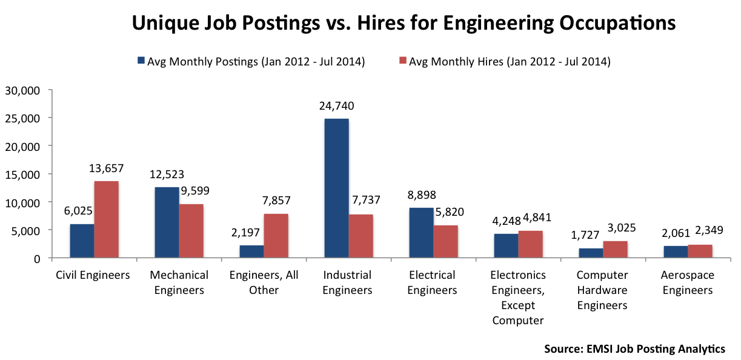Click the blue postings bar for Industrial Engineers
coord(336,188)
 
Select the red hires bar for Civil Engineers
coord(106,219)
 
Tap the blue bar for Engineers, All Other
coord(251,252)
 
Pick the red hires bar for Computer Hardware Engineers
coord(615,250)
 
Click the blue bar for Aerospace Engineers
coord(676,252)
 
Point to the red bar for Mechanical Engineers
coord(191,231)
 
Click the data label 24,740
coord(336,106)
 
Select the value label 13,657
coord(106,168)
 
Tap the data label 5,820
coord(450,212)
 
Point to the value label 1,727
coord(585,235)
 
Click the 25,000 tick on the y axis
coord(22,118)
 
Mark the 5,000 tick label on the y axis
coord(25,231)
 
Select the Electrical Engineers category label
coord(432,282)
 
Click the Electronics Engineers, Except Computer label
coord(518,298)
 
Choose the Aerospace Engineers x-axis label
coord(688,282)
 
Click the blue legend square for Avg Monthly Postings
coord(141,61)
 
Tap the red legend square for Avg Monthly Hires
coord(402,61)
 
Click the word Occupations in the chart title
coord(617,23)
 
